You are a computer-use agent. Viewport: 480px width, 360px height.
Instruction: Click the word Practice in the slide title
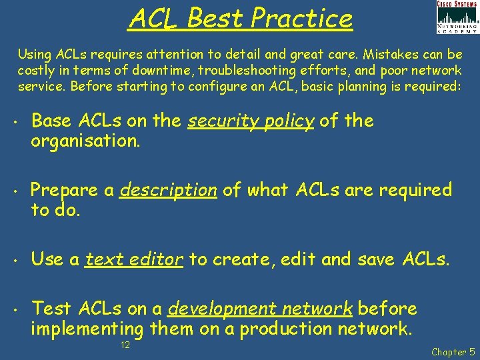[x=302, y=19]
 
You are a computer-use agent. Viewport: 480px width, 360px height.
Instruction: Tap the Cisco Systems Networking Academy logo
[x=457, y=17]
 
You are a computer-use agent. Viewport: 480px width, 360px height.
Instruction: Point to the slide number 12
[x=124, y=345]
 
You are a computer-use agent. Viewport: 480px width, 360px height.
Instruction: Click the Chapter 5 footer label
[x=453, y=351]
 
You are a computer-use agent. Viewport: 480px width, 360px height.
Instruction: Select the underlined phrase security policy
[x=251, y=121]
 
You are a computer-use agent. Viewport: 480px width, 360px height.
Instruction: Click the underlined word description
[x=168, y=190]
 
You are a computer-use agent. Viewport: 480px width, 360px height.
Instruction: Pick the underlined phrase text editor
[x=134, y=259]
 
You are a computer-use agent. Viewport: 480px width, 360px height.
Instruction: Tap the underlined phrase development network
[x=260, y=309]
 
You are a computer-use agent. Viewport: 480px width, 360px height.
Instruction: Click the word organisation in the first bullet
[x=86, y=140]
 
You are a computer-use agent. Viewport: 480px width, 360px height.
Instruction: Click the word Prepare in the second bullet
[x=65, y=190]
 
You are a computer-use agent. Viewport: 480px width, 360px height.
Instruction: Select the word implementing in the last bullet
[x=87, y=329]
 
